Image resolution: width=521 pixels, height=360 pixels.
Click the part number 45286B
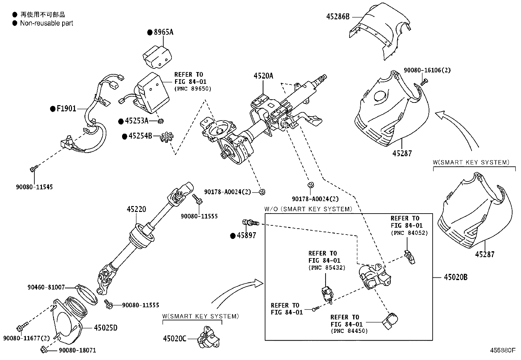(x=338, y=17)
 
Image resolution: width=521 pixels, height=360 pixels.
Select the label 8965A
(x=164, y=32)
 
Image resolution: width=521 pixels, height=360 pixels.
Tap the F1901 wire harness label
(x=66, y=108)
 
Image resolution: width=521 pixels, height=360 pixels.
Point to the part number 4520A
(x=263, y=76)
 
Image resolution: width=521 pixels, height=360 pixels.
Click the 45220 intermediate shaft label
(x=136, y=209)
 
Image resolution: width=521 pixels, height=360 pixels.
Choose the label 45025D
(x=106, y=328)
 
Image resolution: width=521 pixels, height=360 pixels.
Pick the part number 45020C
(x=175, y=338)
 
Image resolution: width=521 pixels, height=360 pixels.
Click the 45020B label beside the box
(x=456, y=277)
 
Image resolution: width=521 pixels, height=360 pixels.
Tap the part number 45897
(x=246, y=236)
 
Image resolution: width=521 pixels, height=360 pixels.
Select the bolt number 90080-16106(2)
(x=427, y=70)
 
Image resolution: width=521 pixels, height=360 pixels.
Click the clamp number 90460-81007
(x=46, y=287)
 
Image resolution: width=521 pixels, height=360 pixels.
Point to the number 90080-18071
(x=78, y=350)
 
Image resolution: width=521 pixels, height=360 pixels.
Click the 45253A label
(x=136, y=121)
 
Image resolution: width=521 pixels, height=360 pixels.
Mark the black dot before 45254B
(x=125, y=136)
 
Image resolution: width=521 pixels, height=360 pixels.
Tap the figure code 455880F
(x=503, y=350)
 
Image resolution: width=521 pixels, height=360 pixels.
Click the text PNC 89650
(x=193, y=89)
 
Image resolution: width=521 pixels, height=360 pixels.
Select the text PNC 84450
(x=349, y=331)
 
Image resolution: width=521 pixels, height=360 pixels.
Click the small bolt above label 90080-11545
(x=34, y=168)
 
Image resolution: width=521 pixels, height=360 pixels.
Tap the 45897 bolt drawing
(x=250, y=223)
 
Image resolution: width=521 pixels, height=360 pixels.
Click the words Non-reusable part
(x=46, y=23)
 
